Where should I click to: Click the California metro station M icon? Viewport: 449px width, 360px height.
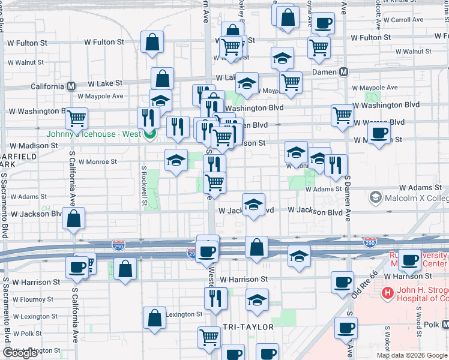(71, 86)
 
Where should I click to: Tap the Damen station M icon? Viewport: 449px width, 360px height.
(344, 72)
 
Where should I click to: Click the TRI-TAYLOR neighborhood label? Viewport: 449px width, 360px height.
(248, 327)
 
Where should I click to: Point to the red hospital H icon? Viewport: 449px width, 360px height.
(388, 293)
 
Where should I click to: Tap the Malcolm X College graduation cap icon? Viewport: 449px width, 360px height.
(376, 197)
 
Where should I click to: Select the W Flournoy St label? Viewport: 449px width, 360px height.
(32, 299)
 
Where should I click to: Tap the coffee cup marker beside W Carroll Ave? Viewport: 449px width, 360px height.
(323, 24)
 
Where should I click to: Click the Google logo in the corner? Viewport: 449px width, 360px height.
(20, 353)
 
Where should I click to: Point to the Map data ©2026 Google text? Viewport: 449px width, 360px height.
(411, 355)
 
